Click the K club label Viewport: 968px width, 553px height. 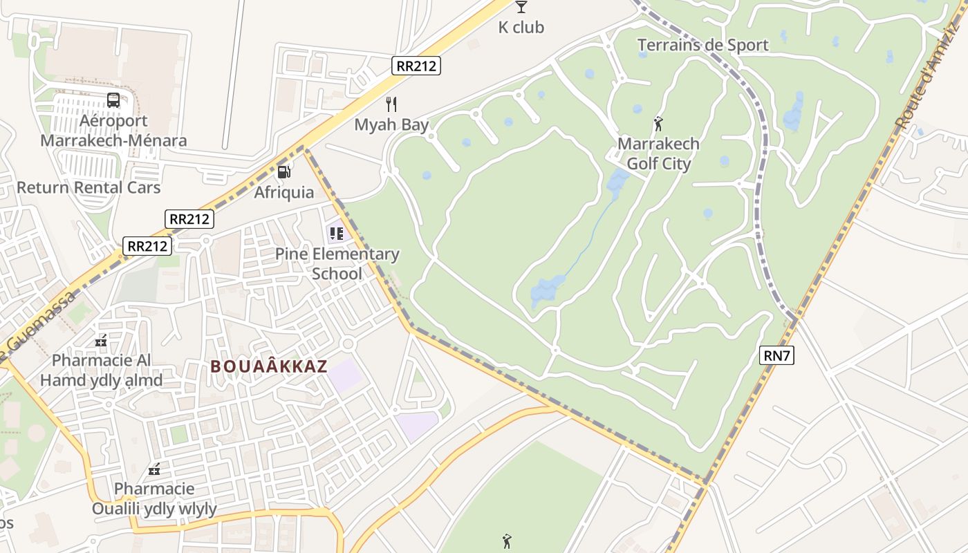521,28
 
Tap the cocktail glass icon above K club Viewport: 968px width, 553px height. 521,7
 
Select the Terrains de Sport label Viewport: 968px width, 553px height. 702,46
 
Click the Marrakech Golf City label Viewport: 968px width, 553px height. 658,154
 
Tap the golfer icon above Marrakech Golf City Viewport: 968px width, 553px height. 658,124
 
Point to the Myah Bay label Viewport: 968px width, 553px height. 391,125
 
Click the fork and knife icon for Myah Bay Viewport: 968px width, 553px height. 391,104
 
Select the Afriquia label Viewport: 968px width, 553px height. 283,192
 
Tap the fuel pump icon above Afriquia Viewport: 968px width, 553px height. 283,171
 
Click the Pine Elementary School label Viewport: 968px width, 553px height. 337,263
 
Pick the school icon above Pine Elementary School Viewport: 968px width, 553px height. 337,234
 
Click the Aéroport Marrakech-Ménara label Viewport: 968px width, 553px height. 113,131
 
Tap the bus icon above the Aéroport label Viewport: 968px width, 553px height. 113,100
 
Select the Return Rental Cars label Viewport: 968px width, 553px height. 89,187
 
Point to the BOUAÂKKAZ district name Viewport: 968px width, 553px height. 269,366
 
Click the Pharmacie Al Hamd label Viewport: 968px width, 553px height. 102,371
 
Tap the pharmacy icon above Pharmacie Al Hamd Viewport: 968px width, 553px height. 101,340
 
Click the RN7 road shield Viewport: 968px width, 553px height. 776,356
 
